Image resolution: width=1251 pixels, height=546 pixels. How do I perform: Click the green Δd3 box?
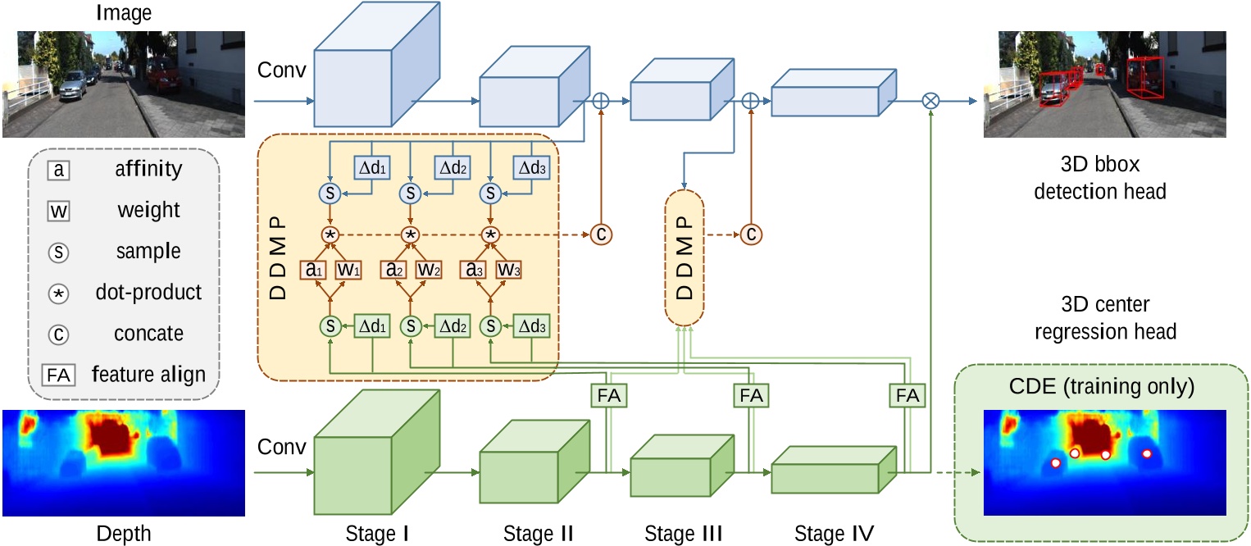pyautogui.click(x=531, y=325)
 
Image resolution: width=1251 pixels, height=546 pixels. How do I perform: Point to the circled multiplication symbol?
pyautogui.click(x=930, y=101)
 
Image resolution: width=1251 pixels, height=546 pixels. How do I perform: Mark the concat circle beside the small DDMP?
pyautogui.click(x=750, y=234)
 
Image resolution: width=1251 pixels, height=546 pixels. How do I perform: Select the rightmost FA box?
pyautogui.click(x=907, y=395)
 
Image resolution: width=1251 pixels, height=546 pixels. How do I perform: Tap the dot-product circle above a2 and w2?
pyautogui.click(x=410, y=234)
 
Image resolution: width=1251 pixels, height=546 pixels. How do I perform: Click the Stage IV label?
pyautogui.click(x=834, y=534)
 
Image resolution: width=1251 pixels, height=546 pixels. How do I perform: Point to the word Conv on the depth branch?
pyautogui.click(x=282, y=448)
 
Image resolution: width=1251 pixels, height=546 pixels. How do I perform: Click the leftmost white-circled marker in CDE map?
pyautogui.click(x=1057, y=464)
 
